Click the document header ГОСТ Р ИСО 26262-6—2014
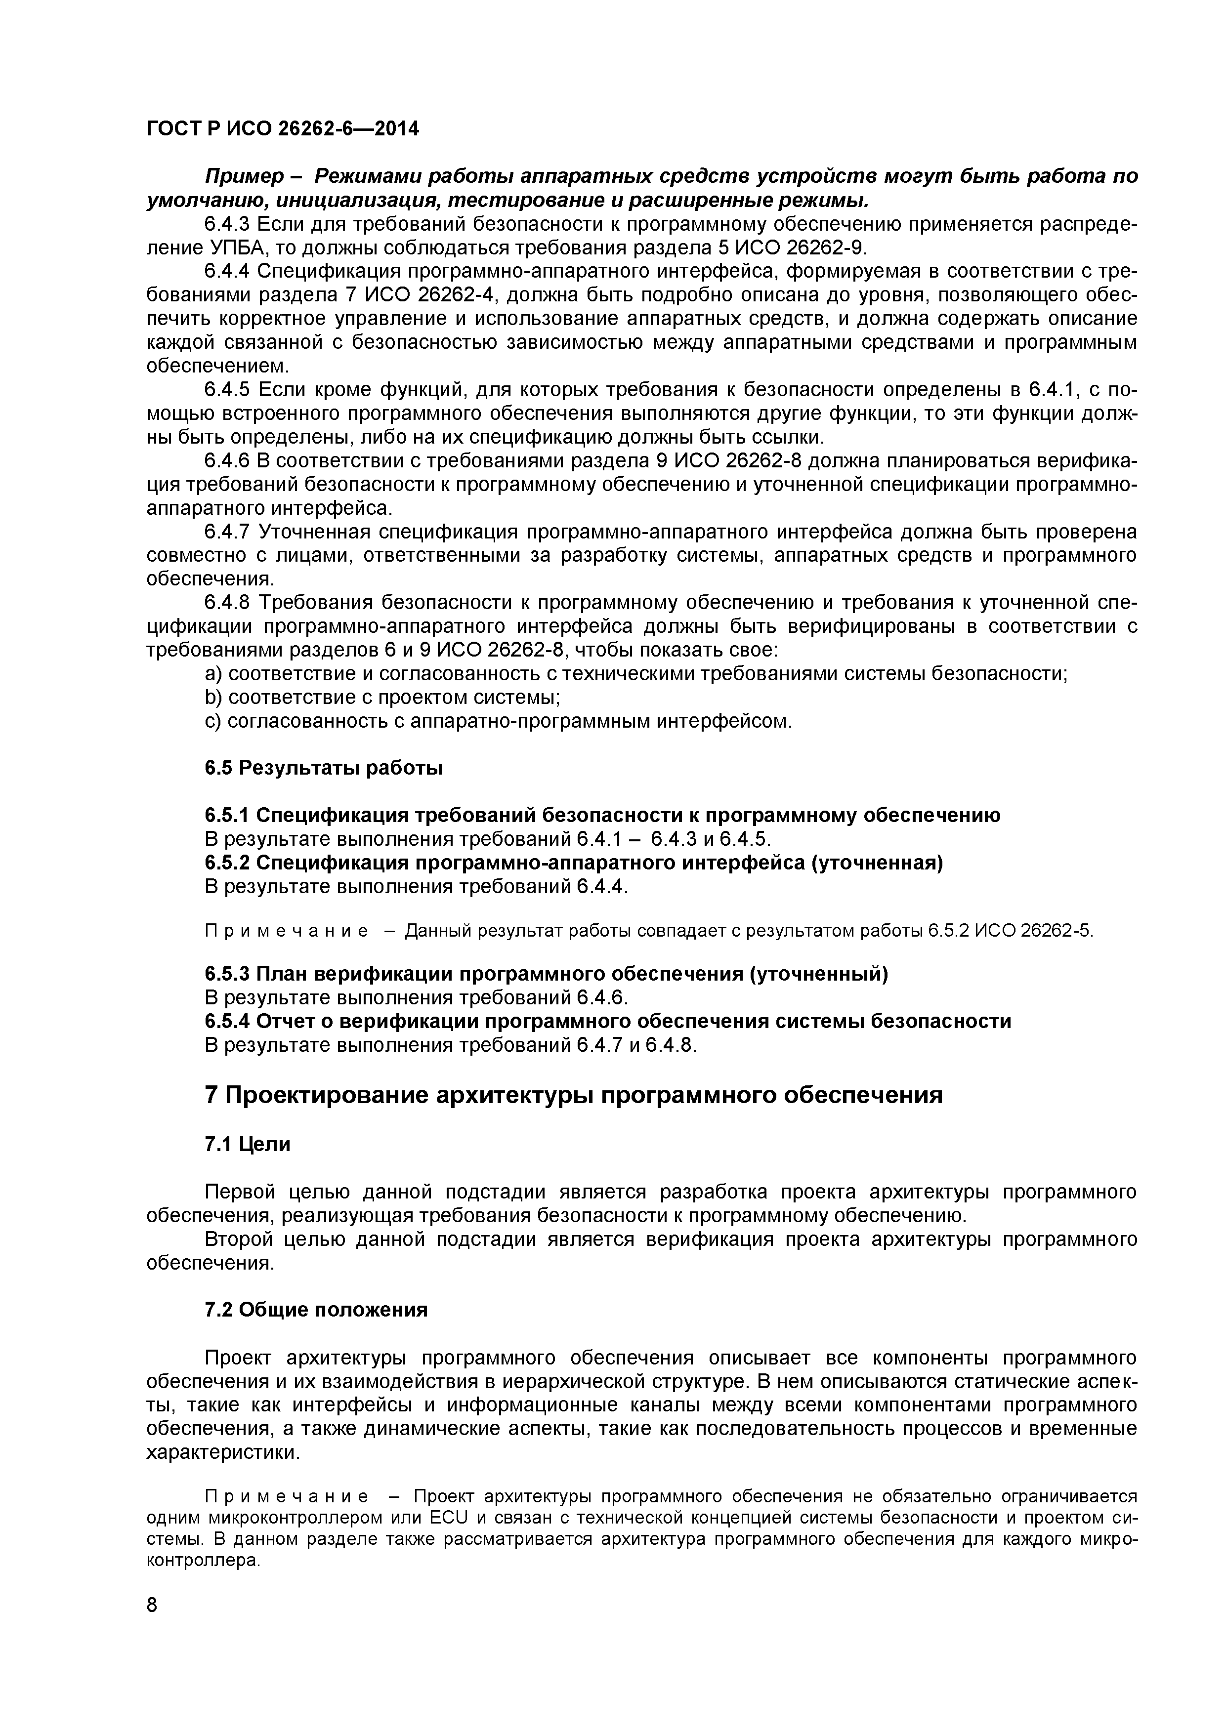click(282, 129)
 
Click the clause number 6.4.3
click(227, 224)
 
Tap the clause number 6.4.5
click(227, 390)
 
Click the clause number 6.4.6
click(227, 461)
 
